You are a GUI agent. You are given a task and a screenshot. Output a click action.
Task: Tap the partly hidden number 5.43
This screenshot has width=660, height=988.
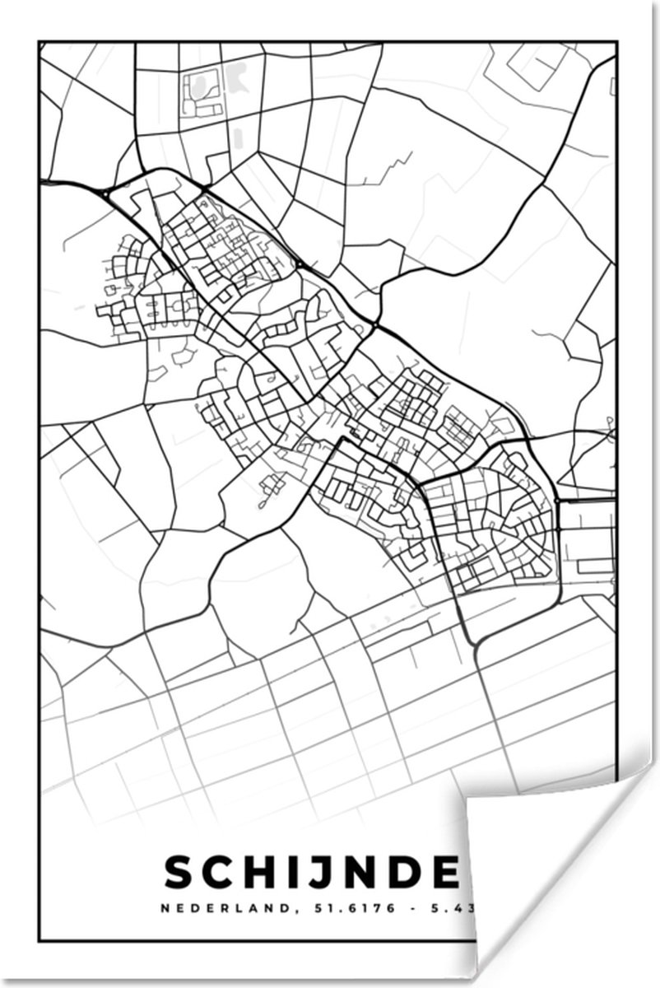pyautogui.click(x=445, y=909)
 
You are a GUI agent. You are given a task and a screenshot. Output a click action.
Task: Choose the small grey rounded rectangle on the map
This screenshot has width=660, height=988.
pyautogui.click(x=239, y=137)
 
